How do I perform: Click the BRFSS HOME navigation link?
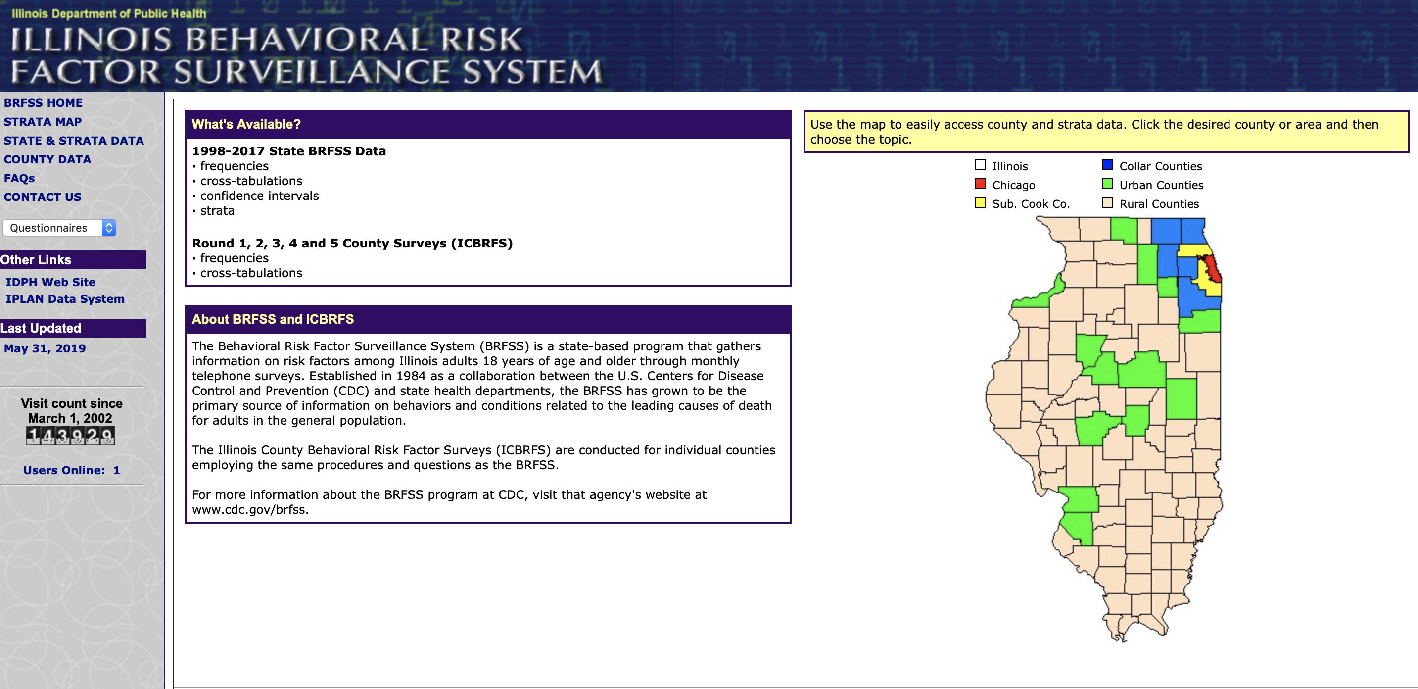(43, 103)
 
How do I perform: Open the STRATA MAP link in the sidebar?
(43, 122)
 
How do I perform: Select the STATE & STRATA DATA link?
(73, 141)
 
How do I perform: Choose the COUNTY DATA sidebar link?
(47, 159)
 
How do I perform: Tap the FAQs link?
(19, 178)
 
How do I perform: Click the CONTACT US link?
(43, 197)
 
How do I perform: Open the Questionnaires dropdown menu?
(59, 228)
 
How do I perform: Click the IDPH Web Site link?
(50, 282)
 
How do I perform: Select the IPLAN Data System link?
(65, 299)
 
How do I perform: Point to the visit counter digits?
(70, 436)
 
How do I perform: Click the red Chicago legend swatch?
(980, 184)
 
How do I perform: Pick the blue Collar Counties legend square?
(1108, 165)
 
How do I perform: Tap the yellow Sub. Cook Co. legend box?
(980, 202)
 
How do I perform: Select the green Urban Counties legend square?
(1108, 184)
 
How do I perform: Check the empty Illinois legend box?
(980, 165)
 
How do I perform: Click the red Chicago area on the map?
(1212, 270)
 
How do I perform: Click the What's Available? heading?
(246, 124)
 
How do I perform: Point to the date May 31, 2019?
(45, 348)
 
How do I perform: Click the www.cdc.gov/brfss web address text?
(249, 509)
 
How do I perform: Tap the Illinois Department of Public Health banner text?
(109, 13)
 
